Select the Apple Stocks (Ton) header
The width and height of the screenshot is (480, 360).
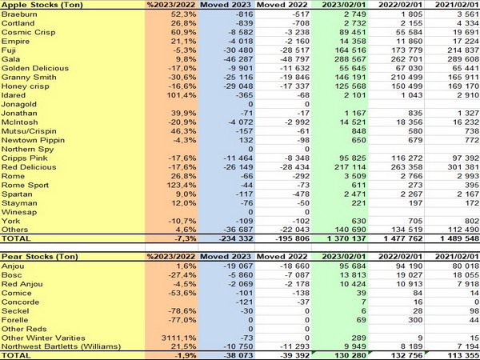coord(37,5)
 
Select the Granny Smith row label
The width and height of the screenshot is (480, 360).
coord(27,77)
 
